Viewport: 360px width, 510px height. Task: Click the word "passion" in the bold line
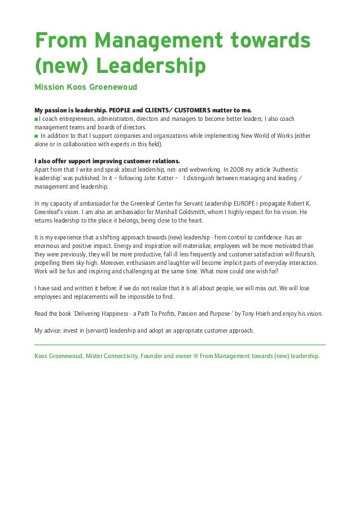[x=58, y=110]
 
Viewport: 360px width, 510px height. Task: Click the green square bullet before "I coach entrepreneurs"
[x=37, y=119]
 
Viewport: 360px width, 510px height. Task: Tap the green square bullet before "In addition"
[x=37, y=136]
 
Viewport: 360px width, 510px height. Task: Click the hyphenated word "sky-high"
[x=85, y=263]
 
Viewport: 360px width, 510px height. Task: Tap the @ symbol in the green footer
[x=195, y=356]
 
